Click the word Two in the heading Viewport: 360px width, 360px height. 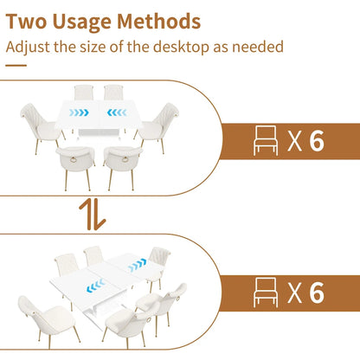26,22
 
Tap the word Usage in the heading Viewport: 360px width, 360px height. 81,23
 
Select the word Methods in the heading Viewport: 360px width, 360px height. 158,22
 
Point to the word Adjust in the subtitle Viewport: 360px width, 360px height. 28,48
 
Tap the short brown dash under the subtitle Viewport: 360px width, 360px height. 16,66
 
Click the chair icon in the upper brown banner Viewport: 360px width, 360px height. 266,141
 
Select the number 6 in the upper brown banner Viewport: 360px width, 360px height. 317,141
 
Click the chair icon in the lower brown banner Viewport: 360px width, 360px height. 266,292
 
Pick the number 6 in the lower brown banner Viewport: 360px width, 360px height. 317,292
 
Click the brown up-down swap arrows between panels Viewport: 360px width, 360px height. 93,214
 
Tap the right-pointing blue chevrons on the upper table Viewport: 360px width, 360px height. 79,112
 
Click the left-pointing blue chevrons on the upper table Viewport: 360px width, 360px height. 117,112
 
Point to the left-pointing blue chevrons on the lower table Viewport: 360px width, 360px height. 95,286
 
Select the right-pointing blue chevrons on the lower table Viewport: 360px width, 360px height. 137,266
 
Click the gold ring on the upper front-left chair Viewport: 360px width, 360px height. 74,159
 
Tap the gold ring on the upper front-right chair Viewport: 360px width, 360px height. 125,159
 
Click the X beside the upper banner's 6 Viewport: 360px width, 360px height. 294,141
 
